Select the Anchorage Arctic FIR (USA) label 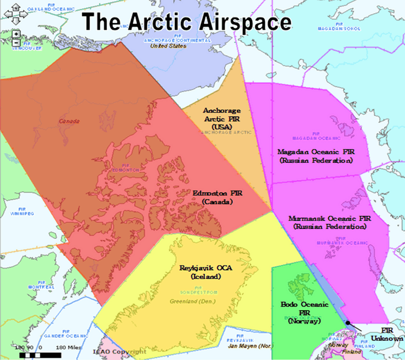tap(227, 118)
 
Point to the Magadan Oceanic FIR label tap(315, 155)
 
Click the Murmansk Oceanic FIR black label tap(329, 222)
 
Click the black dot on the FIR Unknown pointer tap(348, 324)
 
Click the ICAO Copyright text tap(118, 351)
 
